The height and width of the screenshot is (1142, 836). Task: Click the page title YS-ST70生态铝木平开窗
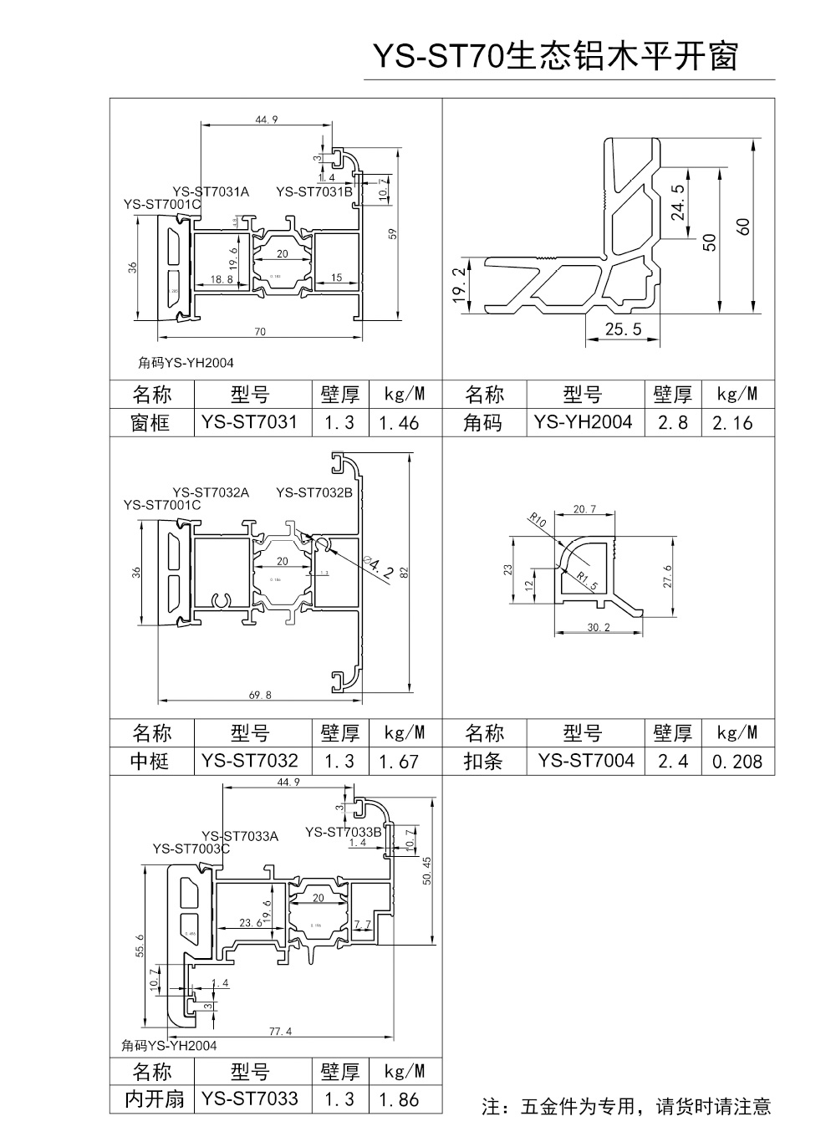tap(554, 57)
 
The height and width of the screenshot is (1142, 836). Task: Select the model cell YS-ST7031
tap(249, 421)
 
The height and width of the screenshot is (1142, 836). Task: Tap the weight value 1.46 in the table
tap(398, 422)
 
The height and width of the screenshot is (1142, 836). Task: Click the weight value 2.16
tap(732, 422)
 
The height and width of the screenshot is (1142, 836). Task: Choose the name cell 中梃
tap(150, 761)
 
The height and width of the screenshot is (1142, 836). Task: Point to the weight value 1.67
tap(398, 761)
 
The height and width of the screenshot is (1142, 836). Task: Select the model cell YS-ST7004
tap(586, 760)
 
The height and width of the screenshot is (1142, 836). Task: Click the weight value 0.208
tap(737, 761)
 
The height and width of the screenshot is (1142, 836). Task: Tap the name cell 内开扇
tap(154, 1099)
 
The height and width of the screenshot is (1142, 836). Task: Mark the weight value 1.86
tap(398, 1099)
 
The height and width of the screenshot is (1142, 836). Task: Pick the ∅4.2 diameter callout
tap(380, 567)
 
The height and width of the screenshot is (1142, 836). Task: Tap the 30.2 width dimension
tap(596, 627)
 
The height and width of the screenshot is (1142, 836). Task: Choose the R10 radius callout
tap(538, 522)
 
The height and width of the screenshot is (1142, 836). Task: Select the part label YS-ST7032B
tap(314, 492)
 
